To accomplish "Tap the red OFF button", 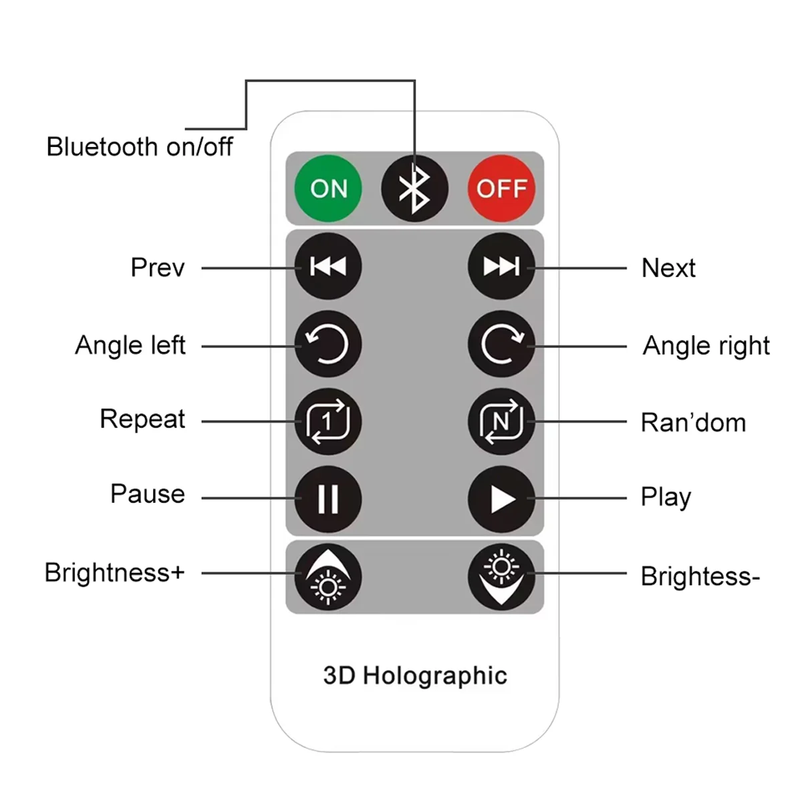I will tap(501, 188).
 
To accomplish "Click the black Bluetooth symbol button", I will tap(414, 188).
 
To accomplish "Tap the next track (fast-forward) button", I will tap(501, 266).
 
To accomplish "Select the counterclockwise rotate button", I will tap(327, 344).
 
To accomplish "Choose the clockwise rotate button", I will tap(501, 344).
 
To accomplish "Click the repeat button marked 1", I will tap(327, 421).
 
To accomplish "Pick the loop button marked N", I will tap(501, 421).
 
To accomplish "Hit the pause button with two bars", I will tap(327, 499).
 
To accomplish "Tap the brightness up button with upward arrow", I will tap(327, 576).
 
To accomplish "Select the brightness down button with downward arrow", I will tap(501, 576).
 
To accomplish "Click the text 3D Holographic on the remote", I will tap(415, 676).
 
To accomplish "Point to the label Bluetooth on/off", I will tap(140, 147).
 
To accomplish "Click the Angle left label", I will tap(130, 345).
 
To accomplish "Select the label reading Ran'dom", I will tap(693, 423).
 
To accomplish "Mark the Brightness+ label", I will tap(114, 573).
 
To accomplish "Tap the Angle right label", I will tap(706, 346).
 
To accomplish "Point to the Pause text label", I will tap(148, 494).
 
